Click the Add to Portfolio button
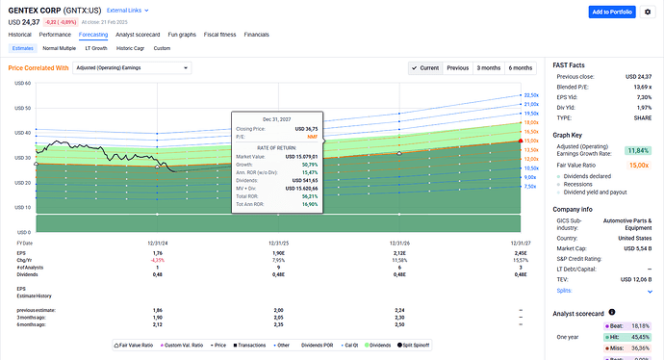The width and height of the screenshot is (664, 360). tap(613, 12)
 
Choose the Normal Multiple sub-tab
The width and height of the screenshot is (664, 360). tap(59, 47)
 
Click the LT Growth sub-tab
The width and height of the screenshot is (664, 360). tap(96, 47)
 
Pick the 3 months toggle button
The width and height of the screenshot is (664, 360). tap(489, 68)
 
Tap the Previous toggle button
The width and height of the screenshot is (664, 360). tap(458, 68)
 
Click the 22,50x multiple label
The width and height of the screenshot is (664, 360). tap(529, 95)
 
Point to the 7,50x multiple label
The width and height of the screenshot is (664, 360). tap(529, 187)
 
